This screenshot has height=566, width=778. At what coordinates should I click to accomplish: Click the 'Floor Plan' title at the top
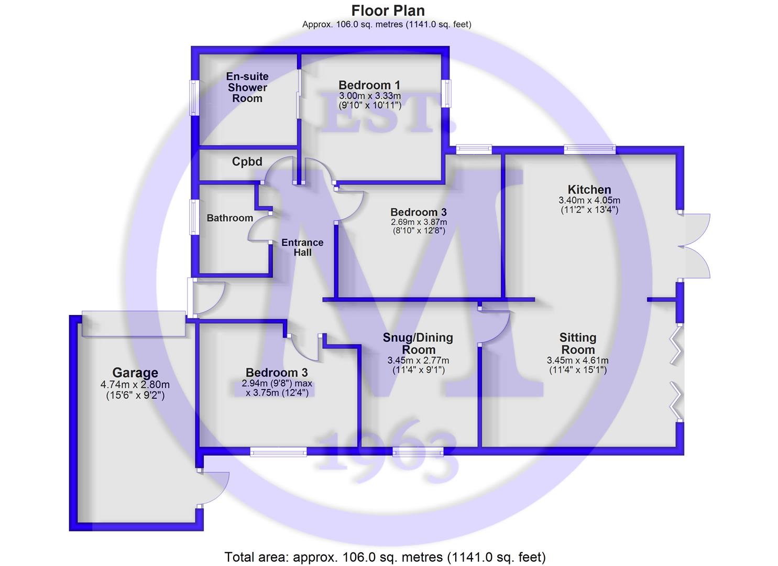(388, 10)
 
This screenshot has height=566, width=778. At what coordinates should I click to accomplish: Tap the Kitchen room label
(589, 190)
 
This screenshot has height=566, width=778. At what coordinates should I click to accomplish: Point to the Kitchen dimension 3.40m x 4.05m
(589, 200)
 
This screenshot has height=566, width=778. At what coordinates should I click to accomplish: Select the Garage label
(135, 373)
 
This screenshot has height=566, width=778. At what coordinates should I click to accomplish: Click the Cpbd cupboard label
(247, 162)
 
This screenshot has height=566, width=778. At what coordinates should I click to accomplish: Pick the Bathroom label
(229, 218)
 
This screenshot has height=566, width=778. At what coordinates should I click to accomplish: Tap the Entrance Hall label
(302, 247)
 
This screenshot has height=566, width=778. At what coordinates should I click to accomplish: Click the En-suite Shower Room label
(247, 88)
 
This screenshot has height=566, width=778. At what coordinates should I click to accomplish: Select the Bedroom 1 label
(369, 85)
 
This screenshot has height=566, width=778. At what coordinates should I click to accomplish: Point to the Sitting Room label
(577, 344)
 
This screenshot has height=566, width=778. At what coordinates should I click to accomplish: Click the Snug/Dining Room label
(418, 344)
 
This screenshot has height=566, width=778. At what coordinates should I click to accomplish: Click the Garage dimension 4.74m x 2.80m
(135, 385)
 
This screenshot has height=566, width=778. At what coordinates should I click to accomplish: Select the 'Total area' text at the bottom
(385, 557)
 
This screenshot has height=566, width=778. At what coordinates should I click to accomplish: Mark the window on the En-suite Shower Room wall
(194, 97)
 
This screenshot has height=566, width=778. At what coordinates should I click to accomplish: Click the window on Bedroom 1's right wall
(446, 93)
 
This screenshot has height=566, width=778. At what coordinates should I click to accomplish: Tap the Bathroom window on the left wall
(194, 217)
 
